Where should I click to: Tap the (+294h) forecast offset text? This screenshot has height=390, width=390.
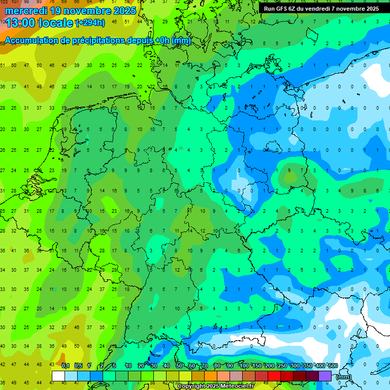[x=90, y=23]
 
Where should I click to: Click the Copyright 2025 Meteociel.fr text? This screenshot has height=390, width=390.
[x=215, y=386]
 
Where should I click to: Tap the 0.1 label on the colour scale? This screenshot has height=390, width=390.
[x=65, y=366]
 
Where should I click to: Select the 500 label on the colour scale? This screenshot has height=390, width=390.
[x=333, y=366]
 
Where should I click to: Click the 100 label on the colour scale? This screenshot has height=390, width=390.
[x=244, y=366]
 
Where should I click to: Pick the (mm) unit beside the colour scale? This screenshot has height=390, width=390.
[x=344, y=377]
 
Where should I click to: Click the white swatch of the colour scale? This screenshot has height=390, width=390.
[x=58, y=376]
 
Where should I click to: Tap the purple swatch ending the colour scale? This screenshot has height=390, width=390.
[x=325, y=376]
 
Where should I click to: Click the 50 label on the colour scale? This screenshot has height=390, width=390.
[x=179, y=366]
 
